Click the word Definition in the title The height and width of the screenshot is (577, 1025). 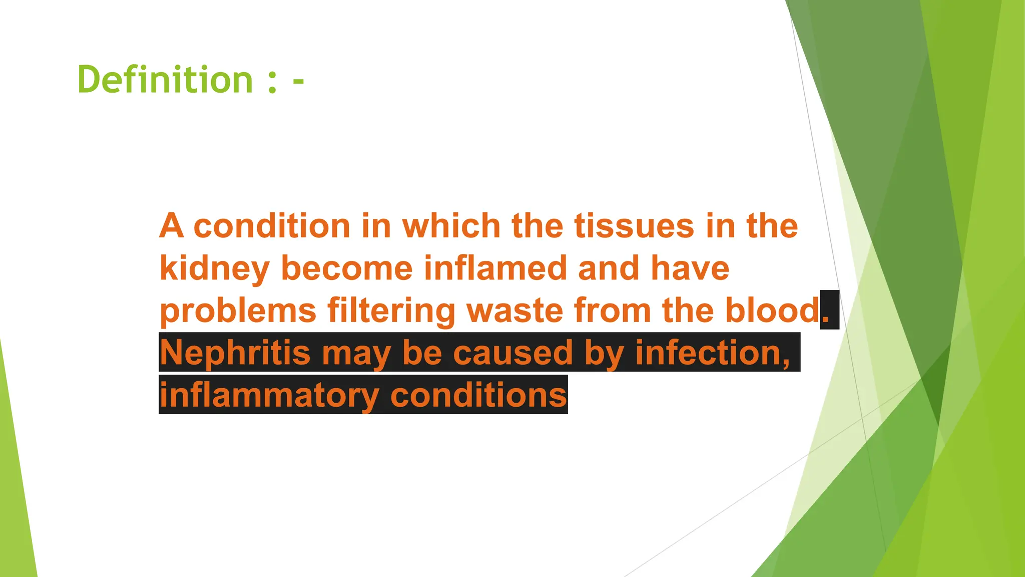tap(165, 80)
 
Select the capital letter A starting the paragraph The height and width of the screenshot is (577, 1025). tap(171, 226)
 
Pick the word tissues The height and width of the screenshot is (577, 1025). tap(634, 226)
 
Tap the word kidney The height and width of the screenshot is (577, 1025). tap(215, 268)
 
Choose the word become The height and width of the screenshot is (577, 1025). tap(347, 268)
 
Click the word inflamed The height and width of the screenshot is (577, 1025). tap(495, 268)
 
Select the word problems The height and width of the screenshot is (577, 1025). tap(238, 311)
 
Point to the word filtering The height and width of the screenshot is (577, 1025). tap(391, 311)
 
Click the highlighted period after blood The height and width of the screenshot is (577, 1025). tap(826, 317)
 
